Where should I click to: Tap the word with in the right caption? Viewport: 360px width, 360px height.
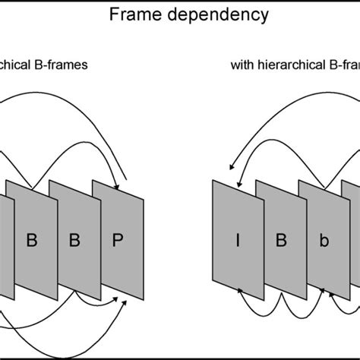(241, 65)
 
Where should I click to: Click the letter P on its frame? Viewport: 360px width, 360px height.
(116, 241)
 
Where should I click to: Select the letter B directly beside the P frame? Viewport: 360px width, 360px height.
(74, 241)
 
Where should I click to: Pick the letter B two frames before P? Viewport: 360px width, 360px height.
(31, 241)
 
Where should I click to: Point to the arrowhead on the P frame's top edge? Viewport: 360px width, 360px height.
(117, 188)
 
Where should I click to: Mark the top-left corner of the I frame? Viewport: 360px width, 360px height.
(213, 179)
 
